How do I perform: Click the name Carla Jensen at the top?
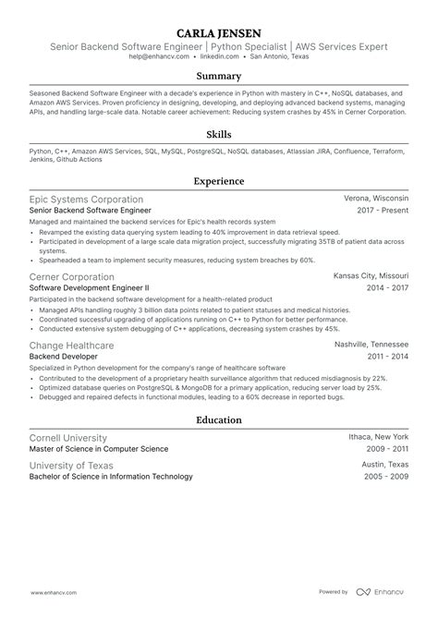click(218, 28)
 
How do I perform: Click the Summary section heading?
click(218, 77)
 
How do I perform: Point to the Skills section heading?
click(218, 134)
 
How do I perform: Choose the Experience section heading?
click(218, 182)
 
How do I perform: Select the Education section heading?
click(218, 419)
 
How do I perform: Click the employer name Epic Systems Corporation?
click(86, 199)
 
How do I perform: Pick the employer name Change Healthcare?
click(72, 345)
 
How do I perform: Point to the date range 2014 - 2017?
click(386, 288)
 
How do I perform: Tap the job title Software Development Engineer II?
click(90, 288)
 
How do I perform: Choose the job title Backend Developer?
click(66, 357)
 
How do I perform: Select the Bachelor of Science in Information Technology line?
click(111, 477)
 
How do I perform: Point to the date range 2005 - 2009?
click(386, 477)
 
